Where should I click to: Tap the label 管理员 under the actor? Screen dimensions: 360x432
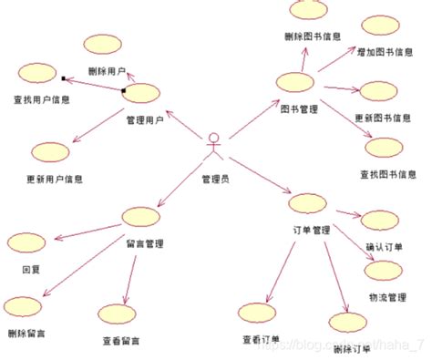click(x=215, y=179)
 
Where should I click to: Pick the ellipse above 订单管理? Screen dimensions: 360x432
click(x=308, y=203)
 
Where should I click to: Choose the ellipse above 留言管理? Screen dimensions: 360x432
click(x=141, y=217)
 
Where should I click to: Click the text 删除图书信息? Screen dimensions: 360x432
click(x=312, y=36)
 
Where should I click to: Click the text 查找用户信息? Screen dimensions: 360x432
click(x=42, y=99)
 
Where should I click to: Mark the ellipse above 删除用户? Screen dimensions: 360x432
click(x=102, y=46)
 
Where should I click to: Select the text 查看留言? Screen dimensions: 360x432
click(x=121, y=342)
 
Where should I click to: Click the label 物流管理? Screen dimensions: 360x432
click(x=386, y=297)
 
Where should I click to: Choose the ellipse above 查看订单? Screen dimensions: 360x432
click(x=259, y=313)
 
